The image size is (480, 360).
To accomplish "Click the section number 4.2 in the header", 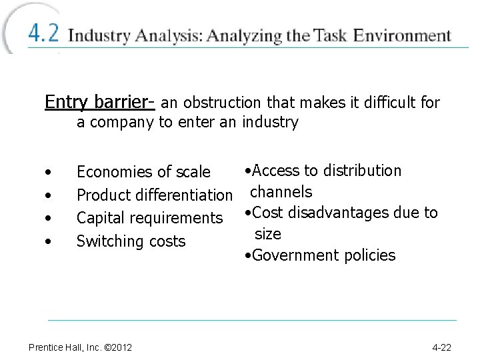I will click(x=43, y=34).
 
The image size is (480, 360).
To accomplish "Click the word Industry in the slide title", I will click(x=100, y=35).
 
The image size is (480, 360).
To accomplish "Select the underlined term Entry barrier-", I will click(x=100, y=102).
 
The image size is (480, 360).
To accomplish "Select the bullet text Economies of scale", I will click(x=143, y=172).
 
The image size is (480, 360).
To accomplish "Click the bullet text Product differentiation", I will click(x=154, y=195).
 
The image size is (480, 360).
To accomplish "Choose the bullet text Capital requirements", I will click(x=149, y=218).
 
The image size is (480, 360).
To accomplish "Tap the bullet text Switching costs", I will click(x=131, y=241).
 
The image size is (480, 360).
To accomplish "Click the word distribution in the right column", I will click(x=363, y=171).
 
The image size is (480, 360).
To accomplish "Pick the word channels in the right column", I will click(x=281, y=192).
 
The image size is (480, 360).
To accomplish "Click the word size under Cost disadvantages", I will click(x=268, y=234).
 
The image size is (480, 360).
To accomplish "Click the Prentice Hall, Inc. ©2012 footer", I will click(x=80, y=347).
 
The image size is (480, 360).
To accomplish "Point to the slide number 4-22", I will click(x=442, y=347).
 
